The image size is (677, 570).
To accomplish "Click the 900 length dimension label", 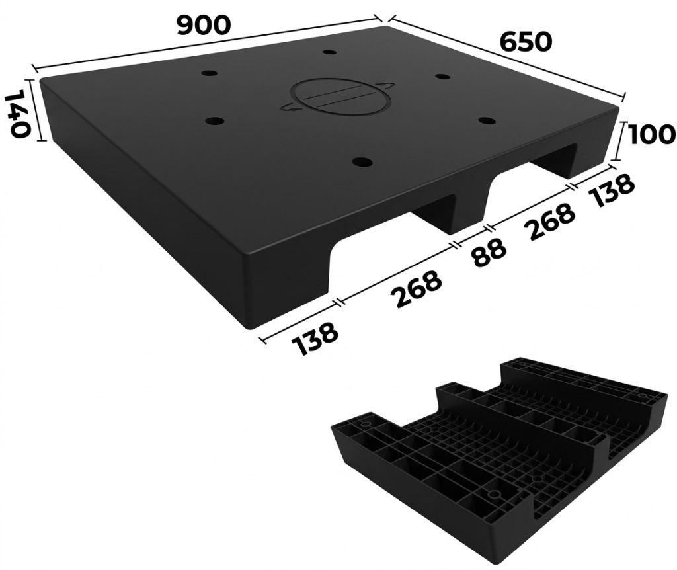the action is (x=204, y=25).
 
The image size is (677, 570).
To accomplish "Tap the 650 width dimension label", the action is (x=526, y=42).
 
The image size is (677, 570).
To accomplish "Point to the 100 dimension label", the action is (x=651, y=134).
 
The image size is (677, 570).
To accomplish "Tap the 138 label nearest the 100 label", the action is (x=612, y=190).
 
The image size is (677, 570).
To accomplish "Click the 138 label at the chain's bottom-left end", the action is (x=314, y=338).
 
